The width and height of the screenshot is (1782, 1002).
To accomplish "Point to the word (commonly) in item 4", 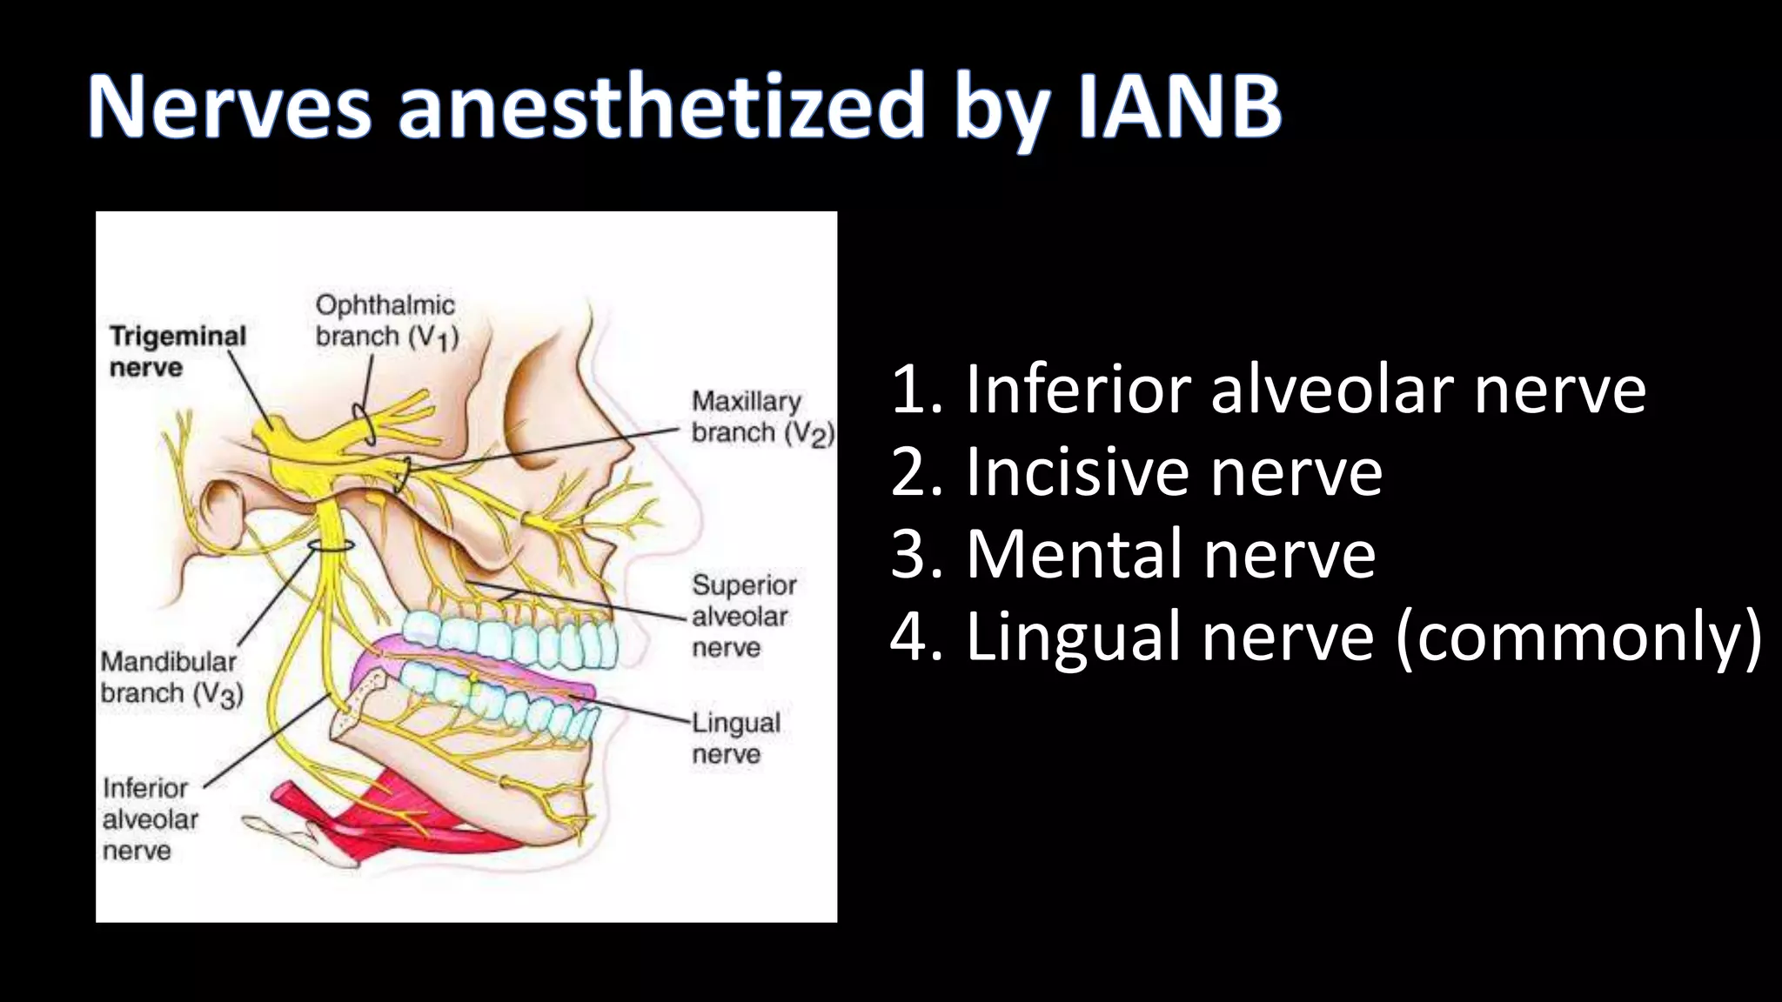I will tap(1578, 638).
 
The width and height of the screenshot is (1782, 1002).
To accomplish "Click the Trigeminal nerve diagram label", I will tap(177, 351).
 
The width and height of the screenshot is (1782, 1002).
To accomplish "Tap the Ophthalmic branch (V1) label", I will tap(386, 320).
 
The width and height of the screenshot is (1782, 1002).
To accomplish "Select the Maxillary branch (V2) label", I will tap(762, 417).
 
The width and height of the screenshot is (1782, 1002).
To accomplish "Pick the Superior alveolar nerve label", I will tap(743, 616).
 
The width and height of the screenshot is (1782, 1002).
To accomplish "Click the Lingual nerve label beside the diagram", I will tap(736, 738).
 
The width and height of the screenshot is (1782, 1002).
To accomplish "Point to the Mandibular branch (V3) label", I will tap(171, 677).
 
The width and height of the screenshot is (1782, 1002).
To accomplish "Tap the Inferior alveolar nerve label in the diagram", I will tap(149, 818).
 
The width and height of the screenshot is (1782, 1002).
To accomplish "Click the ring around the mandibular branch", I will tap(332, 545).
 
